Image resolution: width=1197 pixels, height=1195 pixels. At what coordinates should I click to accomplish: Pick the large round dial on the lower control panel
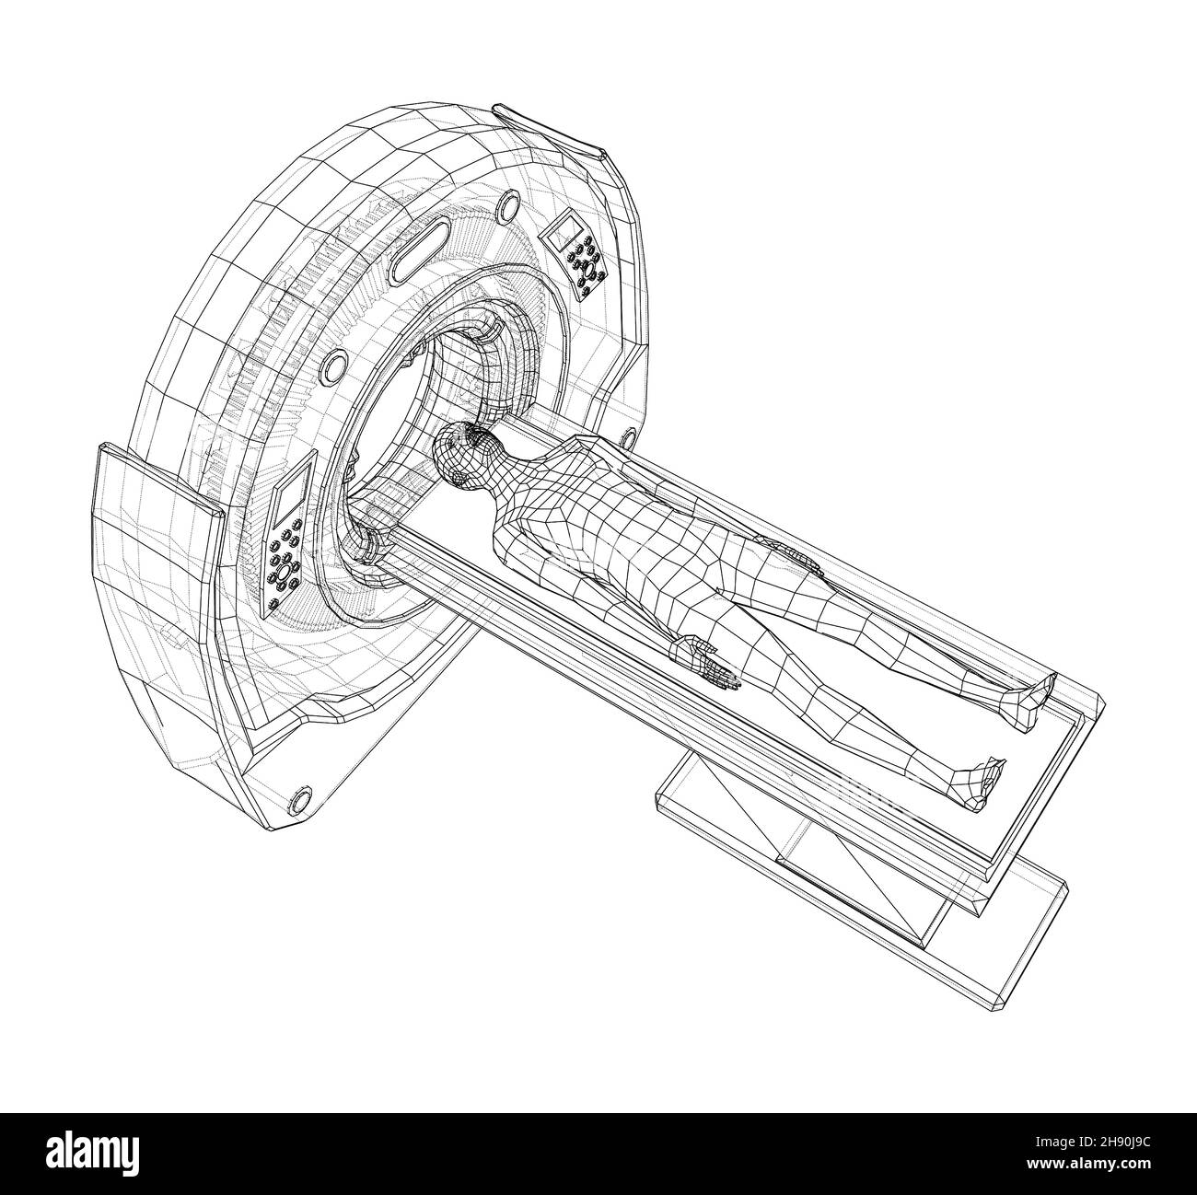coord(284,572)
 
